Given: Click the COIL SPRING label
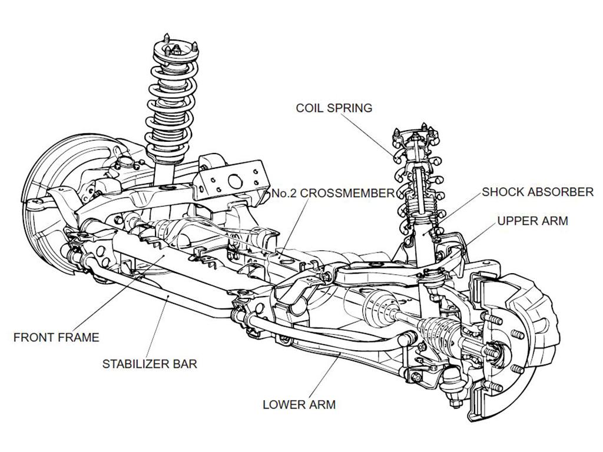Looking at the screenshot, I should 334,108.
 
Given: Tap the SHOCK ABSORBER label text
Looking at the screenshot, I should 537,192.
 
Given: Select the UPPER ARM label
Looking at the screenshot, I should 532,221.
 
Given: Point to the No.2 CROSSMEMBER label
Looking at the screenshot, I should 333,193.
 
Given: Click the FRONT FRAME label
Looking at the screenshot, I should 56,337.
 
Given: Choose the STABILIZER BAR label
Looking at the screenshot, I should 150,364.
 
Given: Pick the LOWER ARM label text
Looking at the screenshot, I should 299,404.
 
